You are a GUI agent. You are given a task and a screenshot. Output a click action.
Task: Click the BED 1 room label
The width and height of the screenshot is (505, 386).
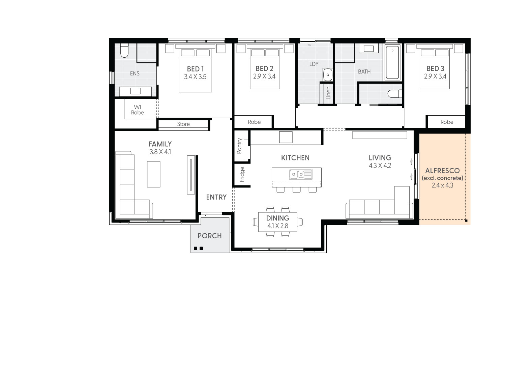coord(195,69)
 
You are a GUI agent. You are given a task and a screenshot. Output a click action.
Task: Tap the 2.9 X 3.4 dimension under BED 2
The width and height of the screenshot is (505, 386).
coord(264,77)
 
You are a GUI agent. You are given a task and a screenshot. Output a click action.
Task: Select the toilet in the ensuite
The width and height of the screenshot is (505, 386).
coord(124,51)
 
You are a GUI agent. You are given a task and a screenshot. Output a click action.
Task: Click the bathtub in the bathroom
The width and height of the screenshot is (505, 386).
coord(392,62)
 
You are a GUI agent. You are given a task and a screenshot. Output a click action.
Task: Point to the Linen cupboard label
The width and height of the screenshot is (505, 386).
coord(328,93)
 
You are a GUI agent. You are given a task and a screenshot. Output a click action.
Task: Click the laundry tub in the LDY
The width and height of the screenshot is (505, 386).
coord(328,75)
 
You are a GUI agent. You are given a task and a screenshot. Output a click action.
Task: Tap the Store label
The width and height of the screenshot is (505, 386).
coord(183,124)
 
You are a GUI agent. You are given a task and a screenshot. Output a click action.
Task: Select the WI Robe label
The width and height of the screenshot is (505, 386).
coord(138,110)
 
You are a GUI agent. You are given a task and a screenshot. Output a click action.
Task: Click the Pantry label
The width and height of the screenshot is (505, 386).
coord(239,146)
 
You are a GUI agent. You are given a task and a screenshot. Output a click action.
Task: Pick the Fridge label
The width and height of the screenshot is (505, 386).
coord(242,175)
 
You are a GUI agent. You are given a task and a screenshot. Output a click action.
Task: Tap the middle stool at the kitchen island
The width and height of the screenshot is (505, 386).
coord(297,190)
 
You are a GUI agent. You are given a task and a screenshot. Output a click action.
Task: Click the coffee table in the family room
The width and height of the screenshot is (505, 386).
coord(153,174)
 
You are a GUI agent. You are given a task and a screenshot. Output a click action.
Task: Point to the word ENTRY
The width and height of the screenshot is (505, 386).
coord(216,197)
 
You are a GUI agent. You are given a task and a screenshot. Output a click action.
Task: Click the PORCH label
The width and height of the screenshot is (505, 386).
coord(210,236)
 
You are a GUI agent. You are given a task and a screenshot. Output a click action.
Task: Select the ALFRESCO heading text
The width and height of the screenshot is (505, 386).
coord(442,171)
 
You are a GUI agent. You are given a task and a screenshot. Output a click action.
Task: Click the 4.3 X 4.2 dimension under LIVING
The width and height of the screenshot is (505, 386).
coord(380,166)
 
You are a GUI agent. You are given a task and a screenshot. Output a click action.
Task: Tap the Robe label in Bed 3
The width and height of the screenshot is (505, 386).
coord(447,122)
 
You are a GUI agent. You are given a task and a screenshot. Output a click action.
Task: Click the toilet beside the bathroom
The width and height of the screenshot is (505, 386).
coord(394,93)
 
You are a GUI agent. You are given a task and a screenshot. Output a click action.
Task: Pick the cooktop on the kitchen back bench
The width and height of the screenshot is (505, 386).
coord(286,137)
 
